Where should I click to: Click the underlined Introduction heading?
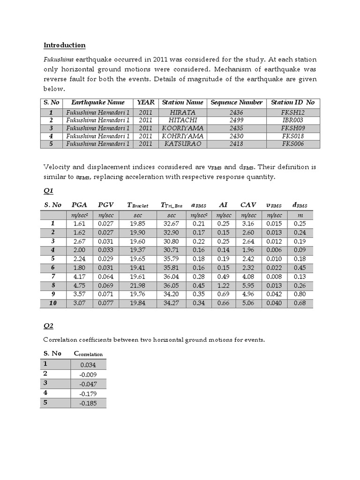coord(65,45)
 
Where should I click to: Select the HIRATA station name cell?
coord(182,112)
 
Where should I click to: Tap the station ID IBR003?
coord(293,120)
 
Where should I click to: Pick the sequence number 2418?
coord(237,144)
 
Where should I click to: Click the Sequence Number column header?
coord(237,102)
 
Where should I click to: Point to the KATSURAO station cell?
coord(182,144)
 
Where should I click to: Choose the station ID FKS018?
coord(293,136)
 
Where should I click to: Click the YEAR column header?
coord(146,102)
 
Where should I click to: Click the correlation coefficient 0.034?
coord(89,364)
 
